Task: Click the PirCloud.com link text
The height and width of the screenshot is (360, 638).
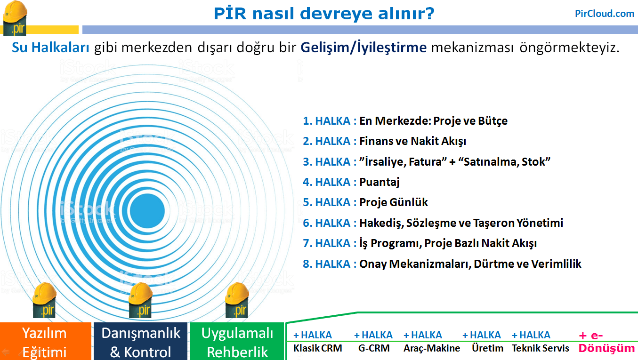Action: pos(605,13)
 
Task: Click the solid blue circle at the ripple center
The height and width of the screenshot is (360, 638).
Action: pos(147,211)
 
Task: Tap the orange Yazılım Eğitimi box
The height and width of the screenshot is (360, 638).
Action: pos(46,341)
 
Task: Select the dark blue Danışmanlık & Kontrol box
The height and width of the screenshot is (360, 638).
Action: pos(141,341)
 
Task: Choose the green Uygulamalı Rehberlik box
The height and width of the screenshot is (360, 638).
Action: pos(237,341)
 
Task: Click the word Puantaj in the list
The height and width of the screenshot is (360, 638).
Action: pos(380,182)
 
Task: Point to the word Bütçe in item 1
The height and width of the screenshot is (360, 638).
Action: pos(493,121)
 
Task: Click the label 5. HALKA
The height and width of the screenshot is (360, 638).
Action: pos(326,202)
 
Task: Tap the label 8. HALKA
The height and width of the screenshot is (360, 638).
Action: pos(326,264)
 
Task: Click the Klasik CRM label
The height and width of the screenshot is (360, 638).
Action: pos(317,348)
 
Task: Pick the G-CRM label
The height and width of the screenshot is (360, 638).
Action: pos(374,348)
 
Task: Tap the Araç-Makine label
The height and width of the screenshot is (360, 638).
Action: pos(432,348)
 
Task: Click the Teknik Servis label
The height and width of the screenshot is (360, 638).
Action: pos(541,348)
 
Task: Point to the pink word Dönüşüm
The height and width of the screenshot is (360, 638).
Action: pos(606,348)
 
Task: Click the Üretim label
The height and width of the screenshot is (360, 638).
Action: pos(487,348)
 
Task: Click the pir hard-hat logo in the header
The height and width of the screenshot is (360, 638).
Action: pos(15,18)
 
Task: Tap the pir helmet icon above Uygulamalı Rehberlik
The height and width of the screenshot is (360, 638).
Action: pos(237,300)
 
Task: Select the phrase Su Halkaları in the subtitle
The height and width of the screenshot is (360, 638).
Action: pos(50,48)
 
